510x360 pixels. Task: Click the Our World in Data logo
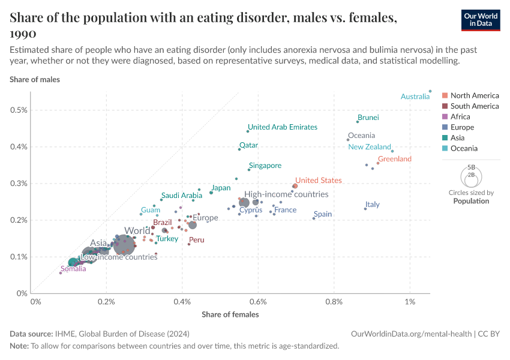pyautogui.click(x=480, y=19)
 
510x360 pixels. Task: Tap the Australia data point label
pyautogui.click(x=415, y=97)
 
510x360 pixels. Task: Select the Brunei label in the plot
pyautogui.click(x=368, y=118)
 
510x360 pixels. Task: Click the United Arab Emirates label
pyautogui.click(x=283, y=127)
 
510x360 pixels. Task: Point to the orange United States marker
pyautogui.click(x=295, y=186)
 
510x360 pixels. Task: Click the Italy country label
pyautogui.click(x=373, y=205)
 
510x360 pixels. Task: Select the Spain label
pyautogui.click(x=323, y=214)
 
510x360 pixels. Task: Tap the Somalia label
pyautogui.click(x=73, y=269)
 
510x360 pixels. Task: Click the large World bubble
pyautogui.click(x=124, y=245)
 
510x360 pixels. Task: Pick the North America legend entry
pyautogui.click(x=474, y=95)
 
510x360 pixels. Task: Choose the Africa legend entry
pyautogui.click(x=460, y=117)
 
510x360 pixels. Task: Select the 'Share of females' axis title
pyautogui.click(x=230, y=314)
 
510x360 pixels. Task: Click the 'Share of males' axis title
pyautogui.click(x=35, y=79)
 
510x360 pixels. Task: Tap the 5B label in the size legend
pyautogui.click(x=471, y=167)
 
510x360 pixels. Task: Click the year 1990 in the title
pyautogui.click(x=23, y=34)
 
